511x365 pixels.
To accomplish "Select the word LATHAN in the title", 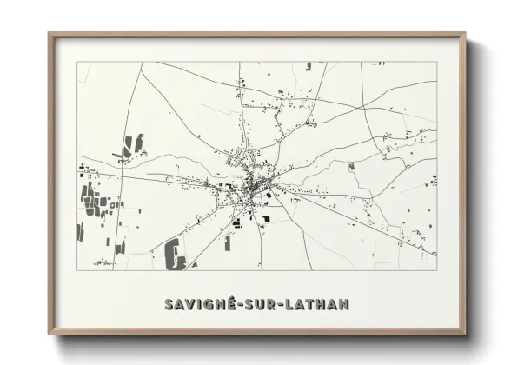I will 318,304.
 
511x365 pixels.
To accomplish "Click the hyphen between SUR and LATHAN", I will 283,305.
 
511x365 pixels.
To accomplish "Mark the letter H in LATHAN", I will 322,304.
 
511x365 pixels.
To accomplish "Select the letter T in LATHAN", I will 311,304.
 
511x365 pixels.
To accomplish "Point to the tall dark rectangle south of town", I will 228,242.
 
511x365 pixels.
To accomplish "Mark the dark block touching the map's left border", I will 80,232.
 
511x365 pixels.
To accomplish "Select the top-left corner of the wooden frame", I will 50,34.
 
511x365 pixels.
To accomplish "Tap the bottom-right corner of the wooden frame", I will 465,333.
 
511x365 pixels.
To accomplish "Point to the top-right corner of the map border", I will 436,62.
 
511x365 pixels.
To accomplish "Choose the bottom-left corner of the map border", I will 77,269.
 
